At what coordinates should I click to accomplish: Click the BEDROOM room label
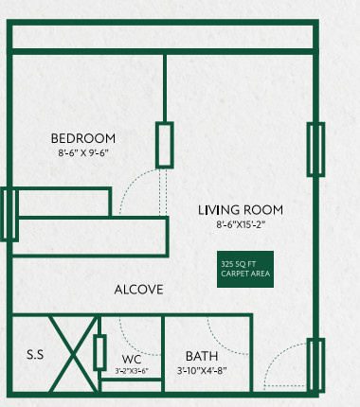(83, 138)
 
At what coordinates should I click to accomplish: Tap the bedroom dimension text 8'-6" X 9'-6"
(83, 152)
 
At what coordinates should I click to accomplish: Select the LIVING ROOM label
(240, 210)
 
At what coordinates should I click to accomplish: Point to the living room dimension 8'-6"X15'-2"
(240, 224)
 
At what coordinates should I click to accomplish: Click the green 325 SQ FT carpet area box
(245, 268)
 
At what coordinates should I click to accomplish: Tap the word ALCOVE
(139, 290)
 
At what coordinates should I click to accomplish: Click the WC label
(132, 360)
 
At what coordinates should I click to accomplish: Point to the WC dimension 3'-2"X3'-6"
(132, 370)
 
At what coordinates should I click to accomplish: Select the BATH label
(202, 356)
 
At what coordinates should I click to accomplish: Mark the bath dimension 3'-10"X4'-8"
(202, 370)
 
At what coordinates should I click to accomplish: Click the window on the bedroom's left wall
(9, 214)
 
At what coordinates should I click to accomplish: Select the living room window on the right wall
(315, 150)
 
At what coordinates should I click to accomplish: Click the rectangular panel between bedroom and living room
(166, 145)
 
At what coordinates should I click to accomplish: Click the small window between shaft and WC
(99, 352)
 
